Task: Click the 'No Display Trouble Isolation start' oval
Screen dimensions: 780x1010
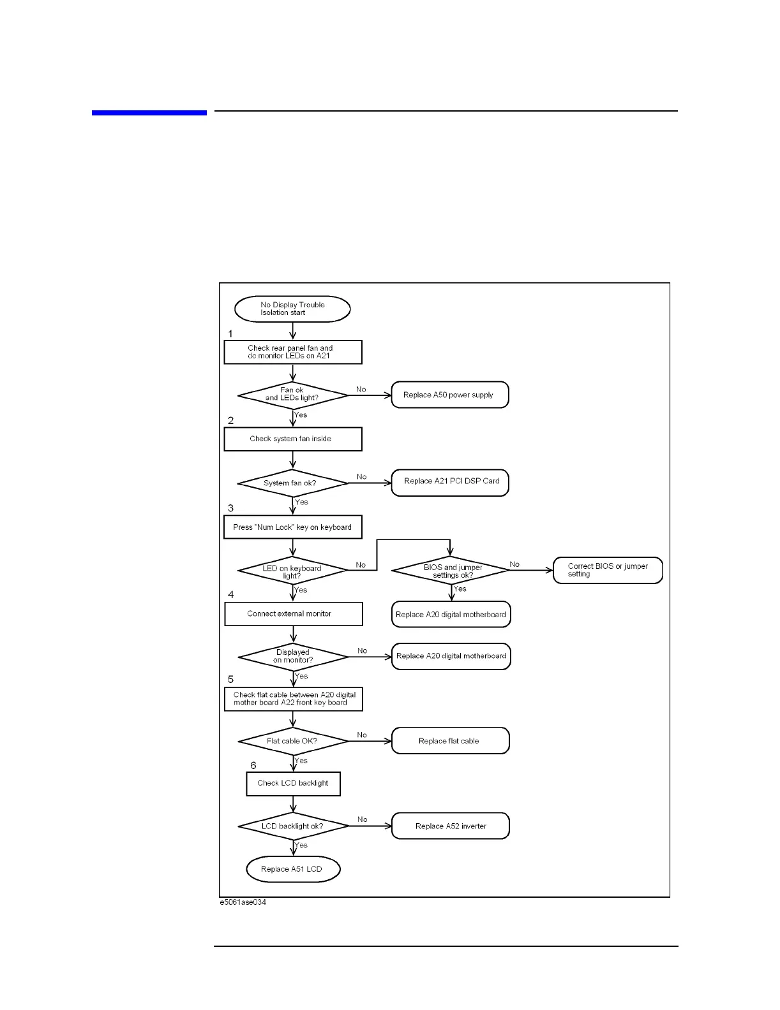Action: [x=292, y=309]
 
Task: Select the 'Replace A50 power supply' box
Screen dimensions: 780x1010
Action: [x=450, y=395]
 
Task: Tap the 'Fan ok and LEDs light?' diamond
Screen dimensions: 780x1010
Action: [x=293, y=395]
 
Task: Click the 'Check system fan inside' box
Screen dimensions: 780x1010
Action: [x=293, y=439]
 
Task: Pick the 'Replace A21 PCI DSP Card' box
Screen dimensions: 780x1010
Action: [x=450, y=482]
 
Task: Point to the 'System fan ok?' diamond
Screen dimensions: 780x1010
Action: [x=293, y=483]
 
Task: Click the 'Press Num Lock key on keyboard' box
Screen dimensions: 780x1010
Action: [x=293, y=527]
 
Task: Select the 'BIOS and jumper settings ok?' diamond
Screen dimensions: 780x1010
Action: [x=451, y=570]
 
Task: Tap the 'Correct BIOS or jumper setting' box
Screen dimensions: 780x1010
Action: [x=608, y=570]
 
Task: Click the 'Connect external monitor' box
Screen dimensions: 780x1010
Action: [x=294, y=614]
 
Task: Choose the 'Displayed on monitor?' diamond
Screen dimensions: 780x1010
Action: [x=294, y=656]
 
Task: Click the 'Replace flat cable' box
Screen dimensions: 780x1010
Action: [x=451, y=741]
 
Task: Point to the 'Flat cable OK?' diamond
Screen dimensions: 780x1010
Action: [x=293, y=741]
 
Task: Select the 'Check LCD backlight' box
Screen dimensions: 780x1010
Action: [x=294, y=784]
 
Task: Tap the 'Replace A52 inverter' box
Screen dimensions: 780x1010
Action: [x=451, y=826]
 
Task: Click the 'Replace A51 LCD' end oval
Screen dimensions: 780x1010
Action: [x=293, y=869]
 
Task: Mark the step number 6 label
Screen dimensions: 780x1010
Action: [x=253, y=765]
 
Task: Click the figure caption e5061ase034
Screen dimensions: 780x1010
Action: [x=243, y=902]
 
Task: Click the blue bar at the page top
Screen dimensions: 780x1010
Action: [x=149, y=113]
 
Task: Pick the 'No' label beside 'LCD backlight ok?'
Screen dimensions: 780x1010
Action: [x=363, y=819]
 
